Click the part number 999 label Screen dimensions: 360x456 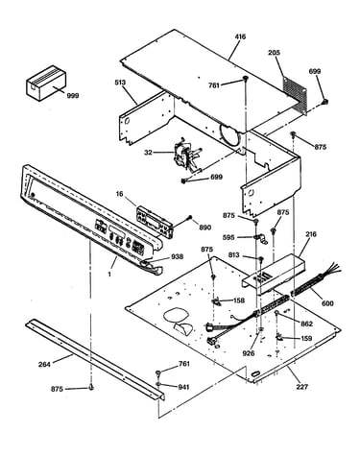[73, 96]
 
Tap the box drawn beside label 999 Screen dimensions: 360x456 [46, 84]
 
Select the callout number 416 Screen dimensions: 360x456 [240, 36]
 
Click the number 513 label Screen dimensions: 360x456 [120, 83]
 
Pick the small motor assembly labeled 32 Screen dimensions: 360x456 [186, 156]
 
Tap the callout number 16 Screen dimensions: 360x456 [119, 194]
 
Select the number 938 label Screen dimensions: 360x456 [177, 256]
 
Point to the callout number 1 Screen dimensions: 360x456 [109, 275]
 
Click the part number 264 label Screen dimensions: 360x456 [44, 364]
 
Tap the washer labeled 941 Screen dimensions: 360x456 [159, 384]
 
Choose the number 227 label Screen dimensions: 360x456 [301, 387]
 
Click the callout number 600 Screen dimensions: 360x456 [327, 303]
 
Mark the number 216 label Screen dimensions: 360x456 [311, 234]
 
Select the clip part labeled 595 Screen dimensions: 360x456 [261, 239]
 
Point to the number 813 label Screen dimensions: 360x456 [234, 255]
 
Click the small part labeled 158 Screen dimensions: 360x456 [215, 301]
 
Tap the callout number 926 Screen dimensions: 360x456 [249, 353]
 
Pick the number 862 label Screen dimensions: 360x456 [306, 324]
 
